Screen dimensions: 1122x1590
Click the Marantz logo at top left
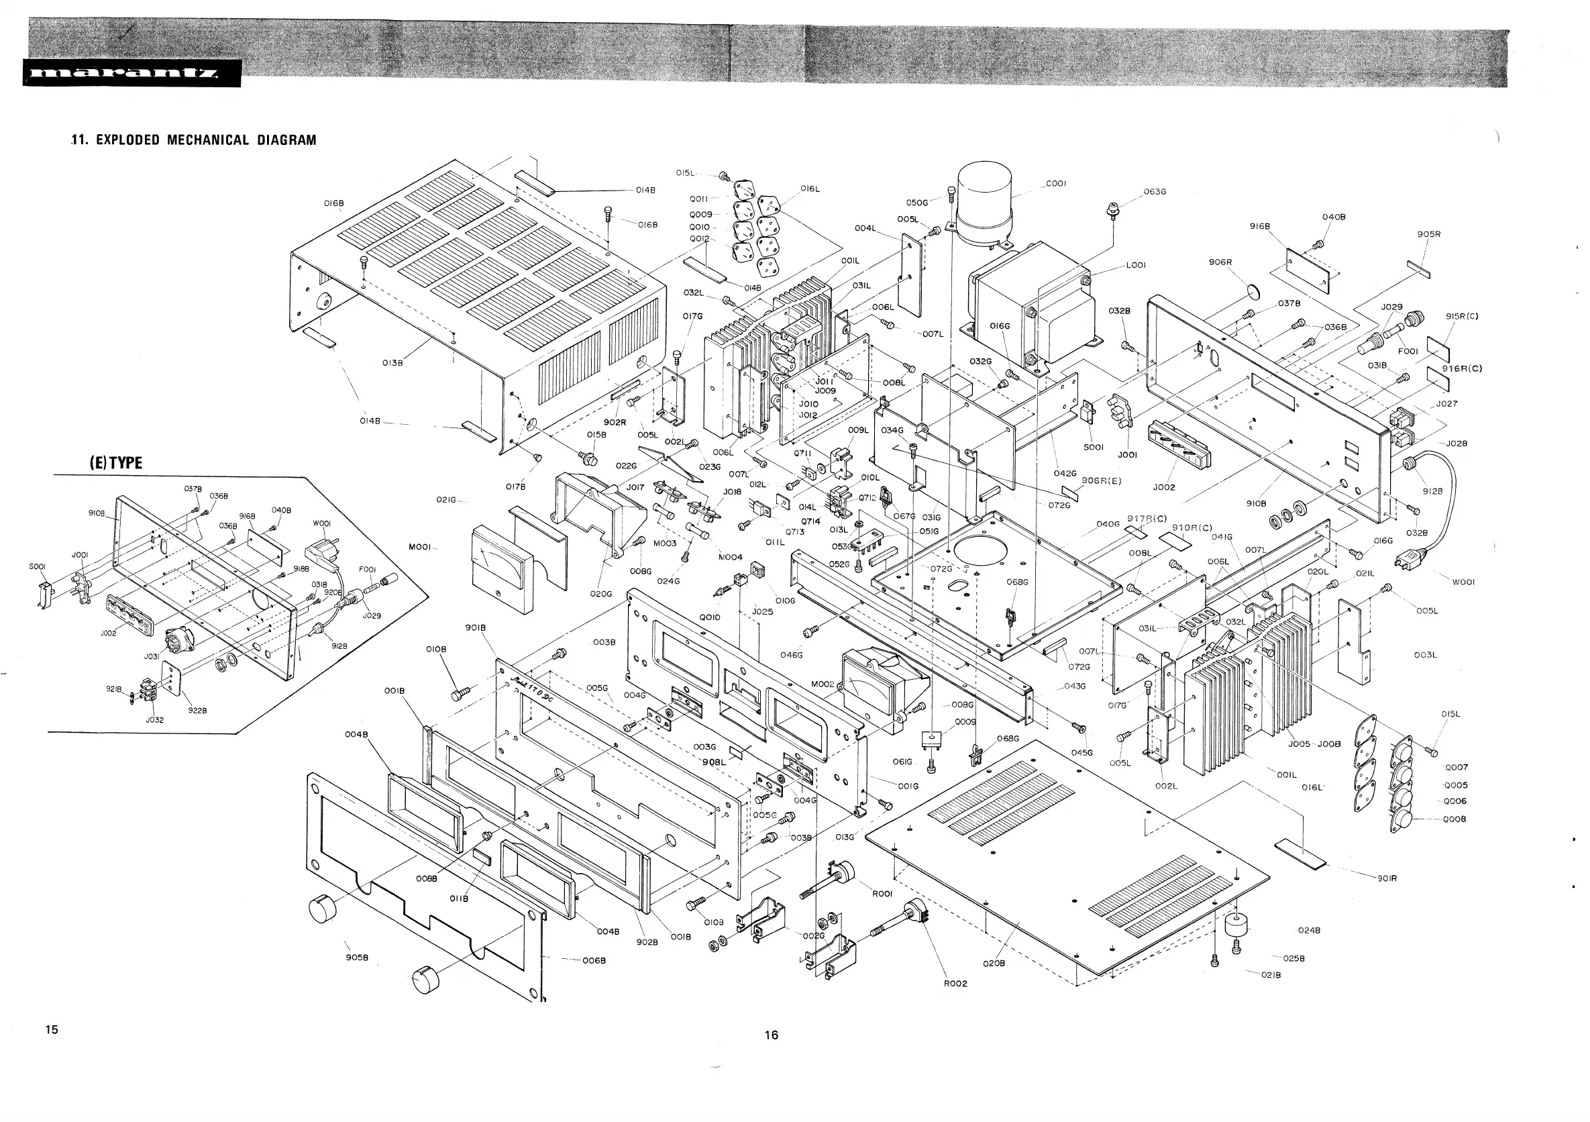[x=131, y=73]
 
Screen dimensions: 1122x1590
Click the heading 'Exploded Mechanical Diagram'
[x=194, y=140]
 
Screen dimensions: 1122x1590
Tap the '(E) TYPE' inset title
[x=115, y=463]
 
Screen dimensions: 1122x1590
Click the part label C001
[x=1055, y=184]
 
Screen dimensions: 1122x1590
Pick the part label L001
[x=1136, y=264]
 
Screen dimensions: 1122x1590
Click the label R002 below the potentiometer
[x=955, y=984]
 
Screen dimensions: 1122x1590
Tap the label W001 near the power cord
[x=1463, y=582]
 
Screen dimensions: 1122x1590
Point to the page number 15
[x=52, y=1029]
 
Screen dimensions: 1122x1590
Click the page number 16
[x=772, y=1035]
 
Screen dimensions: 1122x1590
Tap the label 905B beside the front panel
[x=357, y=958]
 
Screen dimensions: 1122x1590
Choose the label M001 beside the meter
[x=420, y=547]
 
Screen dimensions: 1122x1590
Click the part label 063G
[x=1155, y=192]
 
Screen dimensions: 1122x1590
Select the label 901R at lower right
[x=1387, y=878]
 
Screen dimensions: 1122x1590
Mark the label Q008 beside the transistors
[x=1455, y=819]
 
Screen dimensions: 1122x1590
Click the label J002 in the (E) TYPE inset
[x=109, y=633]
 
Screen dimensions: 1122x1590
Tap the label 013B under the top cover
[x=392, y=362]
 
